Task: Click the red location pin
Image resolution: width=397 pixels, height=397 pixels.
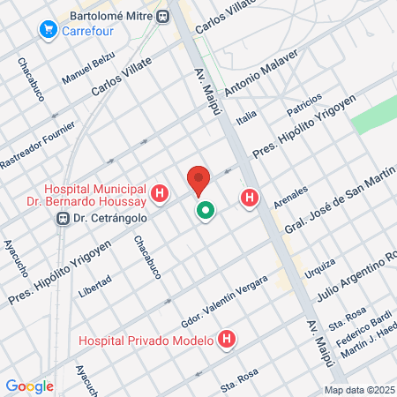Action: click(198, 180)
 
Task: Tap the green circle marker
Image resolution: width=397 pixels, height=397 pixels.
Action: click(206, 211)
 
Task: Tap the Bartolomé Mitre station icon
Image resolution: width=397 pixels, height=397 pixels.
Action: click(162, 16)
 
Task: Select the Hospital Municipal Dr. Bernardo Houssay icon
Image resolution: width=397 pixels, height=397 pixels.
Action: click(160, 193)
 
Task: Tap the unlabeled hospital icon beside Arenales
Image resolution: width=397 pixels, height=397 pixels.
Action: click(251, 199)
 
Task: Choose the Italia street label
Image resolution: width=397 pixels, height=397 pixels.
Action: click(246, 116)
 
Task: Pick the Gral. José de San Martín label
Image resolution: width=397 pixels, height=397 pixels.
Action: click(336, 204)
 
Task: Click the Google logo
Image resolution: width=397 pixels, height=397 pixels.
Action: click(30, 386)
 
